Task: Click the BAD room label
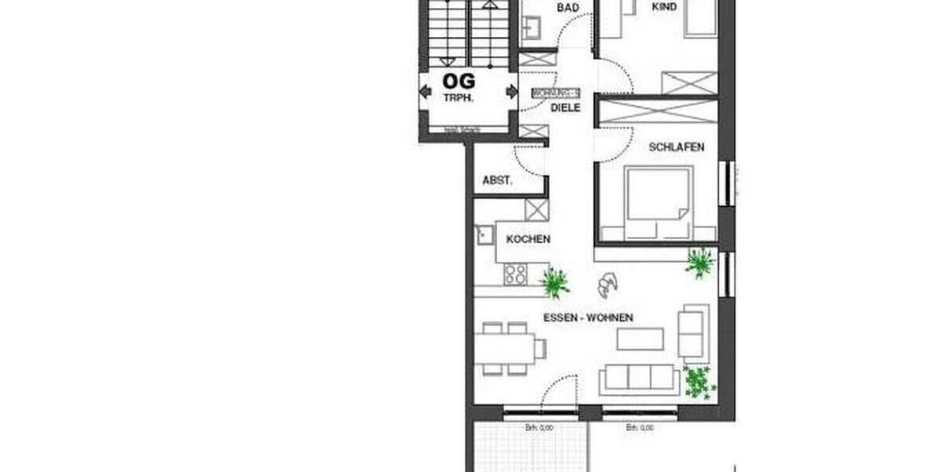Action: click(x=568, y=8)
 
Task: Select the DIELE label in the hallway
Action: click(x=565, y=109)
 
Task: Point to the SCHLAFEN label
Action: click(x=676, y=147)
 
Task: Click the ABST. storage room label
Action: click(x=497, y=180)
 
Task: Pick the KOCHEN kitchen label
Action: click(x=528, y=239)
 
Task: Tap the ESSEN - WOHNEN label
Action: click(x=588, y=318)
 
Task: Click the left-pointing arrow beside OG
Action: click(x=426, y=92)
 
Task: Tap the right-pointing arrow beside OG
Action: click(x=512, y=92)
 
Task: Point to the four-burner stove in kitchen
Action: click(x=516, y=274)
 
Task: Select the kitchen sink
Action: click(x=482, y=234)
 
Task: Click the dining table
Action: click(x=506, y=346)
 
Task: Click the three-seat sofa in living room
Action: click(x=640, y=380)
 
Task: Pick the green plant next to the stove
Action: click(x=555, y=282)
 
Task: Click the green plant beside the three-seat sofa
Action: click(x=699, y=382)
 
